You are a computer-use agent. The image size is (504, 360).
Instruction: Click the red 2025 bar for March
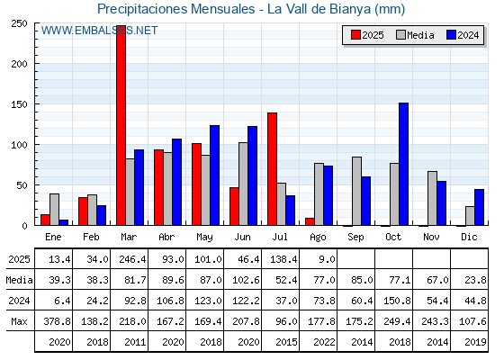(x=121, y=125)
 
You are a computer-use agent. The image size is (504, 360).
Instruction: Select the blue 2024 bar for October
(x=404, y=164)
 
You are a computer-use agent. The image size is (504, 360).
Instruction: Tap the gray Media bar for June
(x=243, y=184)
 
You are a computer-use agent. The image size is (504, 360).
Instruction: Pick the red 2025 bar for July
(x=272, y=169)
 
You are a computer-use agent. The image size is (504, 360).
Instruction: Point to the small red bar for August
(x=310, y=221)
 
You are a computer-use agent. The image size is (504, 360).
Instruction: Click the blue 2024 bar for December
(x=479, y=207)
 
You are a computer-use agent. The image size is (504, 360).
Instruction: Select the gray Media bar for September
(x=356, y=191)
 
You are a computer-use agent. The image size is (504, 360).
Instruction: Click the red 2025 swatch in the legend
(x=355, y=35)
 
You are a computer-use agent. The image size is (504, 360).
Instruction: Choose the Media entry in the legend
(x=415, y=35)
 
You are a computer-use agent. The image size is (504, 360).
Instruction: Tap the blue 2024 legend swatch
(x=451, y=35)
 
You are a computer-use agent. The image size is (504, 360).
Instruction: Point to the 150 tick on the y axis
(x=19, y=104)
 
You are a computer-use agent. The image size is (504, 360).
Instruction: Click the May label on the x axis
(x=204, y=238)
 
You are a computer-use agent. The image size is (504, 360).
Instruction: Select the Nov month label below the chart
(x=431, y=237)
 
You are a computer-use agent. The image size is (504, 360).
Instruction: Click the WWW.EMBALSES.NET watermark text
(x=99, y=31)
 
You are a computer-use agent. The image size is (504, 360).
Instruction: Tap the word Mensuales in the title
(x=223, y=9)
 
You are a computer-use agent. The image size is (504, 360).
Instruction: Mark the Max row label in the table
(x=19, y=321)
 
